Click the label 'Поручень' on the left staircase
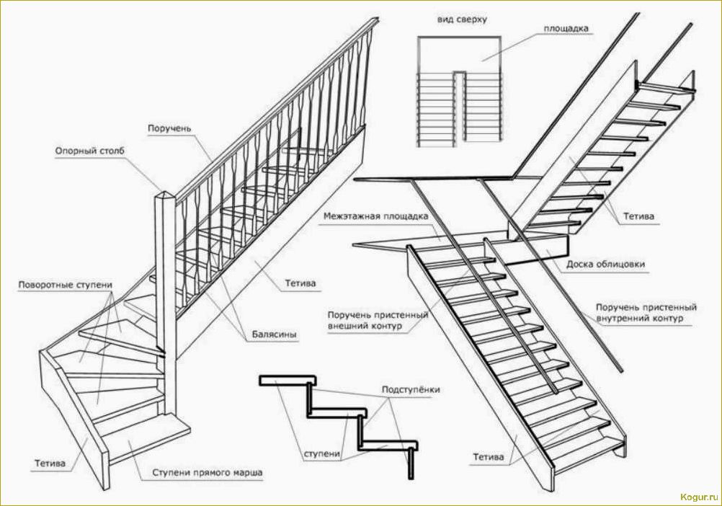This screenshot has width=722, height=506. pyautogui.click(x=169, y=128)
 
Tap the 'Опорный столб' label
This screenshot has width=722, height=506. pyautogui.click(x=90, y=151)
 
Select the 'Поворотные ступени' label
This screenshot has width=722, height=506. pyautogui.click(x=65, y=285)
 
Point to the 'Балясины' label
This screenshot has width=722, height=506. pyautogui.click(x=274, y=334)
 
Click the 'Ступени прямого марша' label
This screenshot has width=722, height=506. pyautogui.click(x=208, y=473)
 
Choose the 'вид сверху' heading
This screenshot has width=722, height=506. pyautogui.click(x=462, y=19)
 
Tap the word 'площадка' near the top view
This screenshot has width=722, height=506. pyautogui.click(x=566, y=29)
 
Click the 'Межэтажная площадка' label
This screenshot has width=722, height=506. pyautogui.click(x=375, y=216)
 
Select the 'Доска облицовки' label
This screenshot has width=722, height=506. pyautogui.click(x=605, y=265)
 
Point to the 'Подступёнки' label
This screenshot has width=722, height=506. pyautogui.click(x=410, y=389)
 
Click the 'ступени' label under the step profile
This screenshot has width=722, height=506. pyautogui.click(x=322, y=453)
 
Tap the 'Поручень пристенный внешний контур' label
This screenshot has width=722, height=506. pyautogui.click(x=378, y=321)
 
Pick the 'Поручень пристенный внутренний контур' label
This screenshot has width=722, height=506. pyautogui.click(x=646, y=313)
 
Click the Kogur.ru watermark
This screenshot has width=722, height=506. pyautogui.click(x=699, y=497)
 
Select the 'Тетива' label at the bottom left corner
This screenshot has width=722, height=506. pyautogui.click(x=50, y=463)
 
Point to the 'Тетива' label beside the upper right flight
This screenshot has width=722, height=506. pyautogui.click(x=638, y=216)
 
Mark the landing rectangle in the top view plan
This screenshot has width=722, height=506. pyautogui.click(x=459, y=55)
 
